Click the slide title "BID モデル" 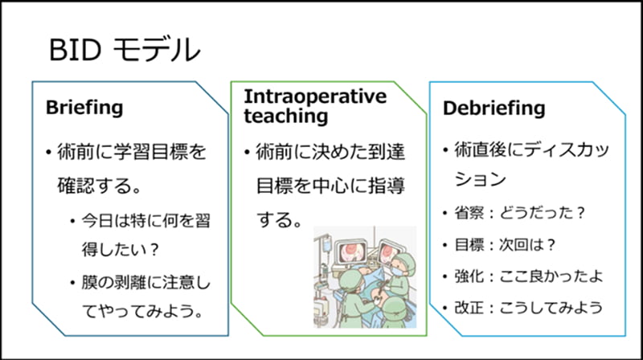tap(125, 50)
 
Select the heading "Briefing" tap(84, 108)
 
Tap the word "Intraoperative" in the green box tap(315, 96)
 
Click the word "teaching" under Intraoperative tap(286, 116)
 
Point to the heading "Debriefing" tap(494, 108)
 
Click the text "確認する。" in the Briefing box tap(100, 186)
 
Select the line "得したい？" tap(120, 249)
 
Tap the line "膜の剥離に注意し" tap(145, 283)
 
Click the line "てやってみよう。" tap(142, 311)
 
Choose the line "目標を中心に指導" tap(330, 186)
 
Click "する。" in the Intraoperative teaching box tap(280, 219)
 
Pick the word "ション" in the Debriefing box tap(480, 179)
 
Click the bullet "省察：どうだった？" tap(519, 213)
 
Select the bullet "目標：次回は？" tap(505, 245)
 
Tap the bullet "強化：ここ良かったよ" tap(529, 276)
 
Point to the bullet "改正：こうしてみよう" tap(529, 308)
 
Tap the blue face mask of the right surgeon tap(396, 271)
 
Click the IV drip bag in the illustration tap(326, 245)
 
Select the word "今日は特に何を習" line tap(145, 221)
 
